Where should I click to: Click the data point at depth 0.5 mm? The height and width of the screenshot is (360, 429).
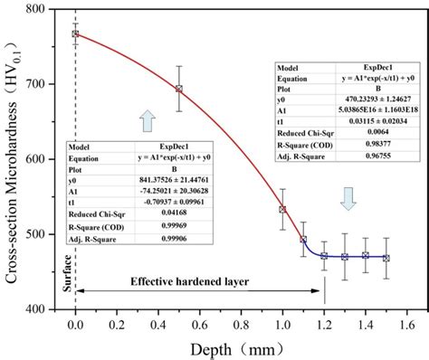tap(179, 89)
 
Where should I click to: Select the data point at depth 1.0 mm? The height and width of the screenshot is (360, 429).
tap(282, 209)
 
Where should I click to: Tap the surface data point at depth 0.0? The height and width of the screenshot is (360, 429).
tap(75, 34)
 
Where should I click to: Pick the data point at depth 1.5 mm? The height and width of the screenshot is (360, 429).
tap(386, 258)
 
